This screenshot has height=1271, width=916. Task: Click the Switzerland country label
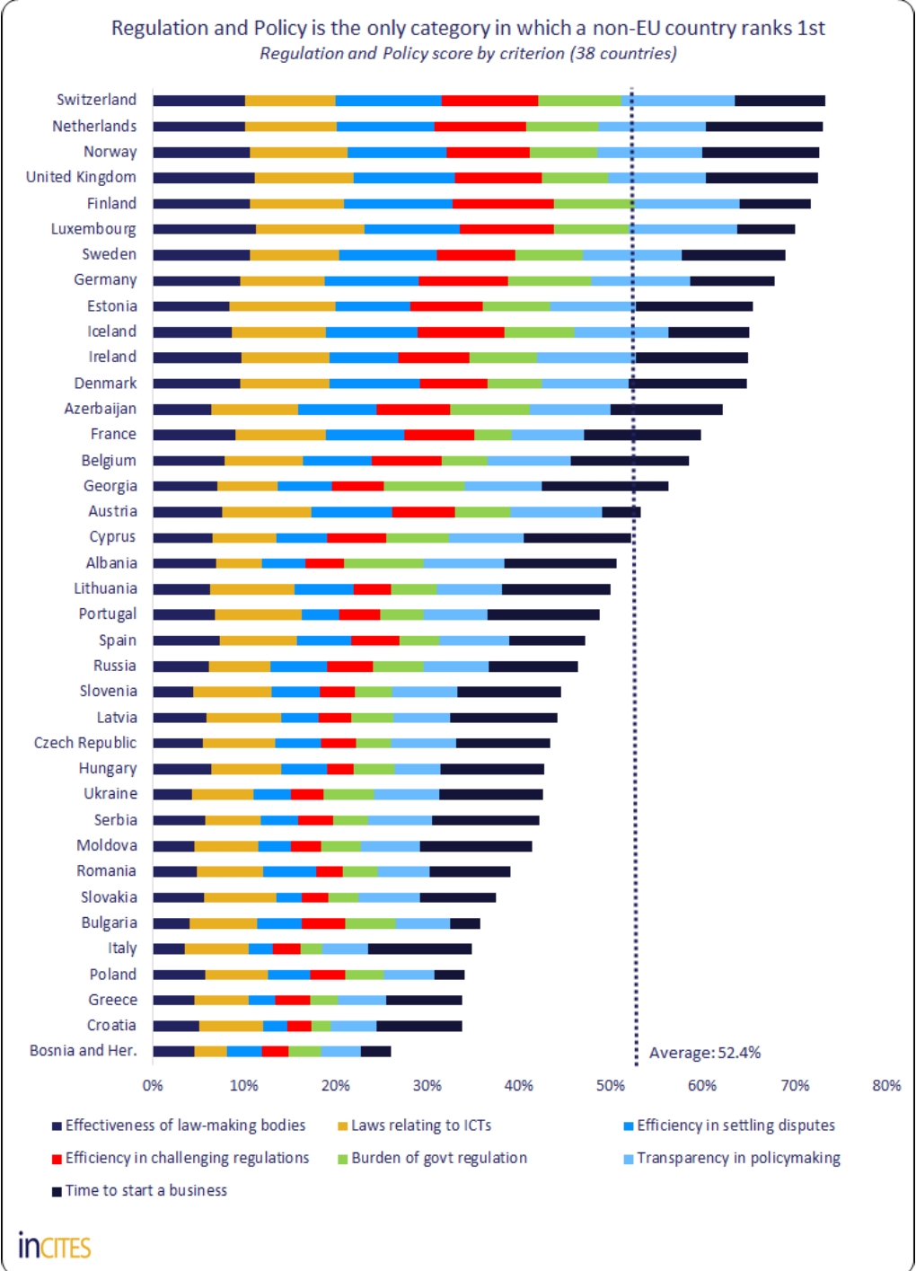click(x=97, y=100)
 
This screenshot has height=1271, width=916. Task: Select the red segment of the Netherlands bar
click(x=480, y=127)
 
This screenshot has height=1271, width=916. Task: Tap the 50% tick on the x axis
click(x=610, y=1085)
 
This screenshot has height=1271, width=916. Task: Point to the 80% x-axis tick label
click(x=885, y=1085)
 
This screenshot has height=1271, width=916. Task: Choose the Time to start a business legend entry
click(x=145, y=1190)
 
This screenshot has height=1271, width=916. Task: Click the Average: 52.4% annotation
click(x=704, y=1053)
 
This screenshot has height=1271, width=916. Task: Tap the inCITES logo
click(x=55, y=1246)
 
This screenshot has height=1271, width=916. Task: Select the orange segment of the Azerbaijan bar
click(x=254, y=410)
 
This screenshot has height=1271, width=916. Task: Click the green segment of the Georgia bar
click(x=424, y=486)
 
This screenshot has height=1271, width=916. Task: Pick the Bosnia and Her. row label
click(x=84, y=1051)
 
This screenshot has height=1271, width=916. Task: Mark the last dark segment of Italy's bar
click(x=419, y=949)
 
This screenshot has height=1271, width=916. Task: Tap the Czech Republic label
click(x=85, y=743)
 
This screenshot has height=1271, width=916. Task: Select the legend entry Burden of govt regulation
click(x=438, y=1158)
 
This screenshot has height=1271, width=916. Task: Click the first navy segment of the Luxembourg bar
click(x=204, y=229)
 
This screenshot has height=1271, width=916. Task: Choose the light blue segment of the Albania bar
click(x=463, y=563)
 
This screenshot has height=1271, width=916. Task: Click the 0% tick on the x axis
click(x=153, y=1085)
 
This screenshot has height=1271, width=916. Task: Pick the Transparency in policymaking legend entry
click(x=737, y=1158)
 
